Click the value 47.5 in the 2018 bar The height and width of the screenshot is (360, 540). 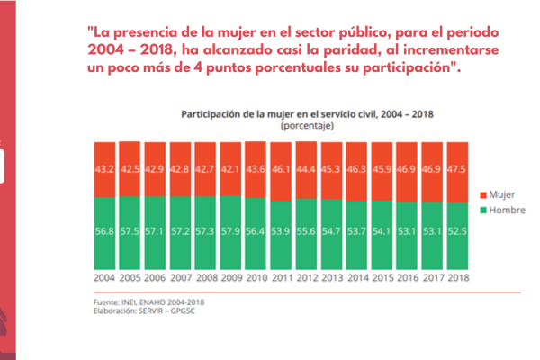[x=458, y=169]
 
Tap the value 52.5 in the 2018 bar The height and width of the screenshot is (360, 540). [x=458, y=231]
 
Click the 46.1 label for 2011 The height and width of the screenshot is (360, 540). [x=282, y=169]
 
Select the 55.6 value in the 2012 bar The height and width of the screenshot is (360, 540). [x=307, y=231]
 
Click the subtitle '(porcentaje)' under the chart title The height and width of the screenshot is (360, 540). [x=307, y=128]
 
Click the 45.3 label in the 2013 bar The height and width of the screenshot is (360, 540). [x=332, y=169]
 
